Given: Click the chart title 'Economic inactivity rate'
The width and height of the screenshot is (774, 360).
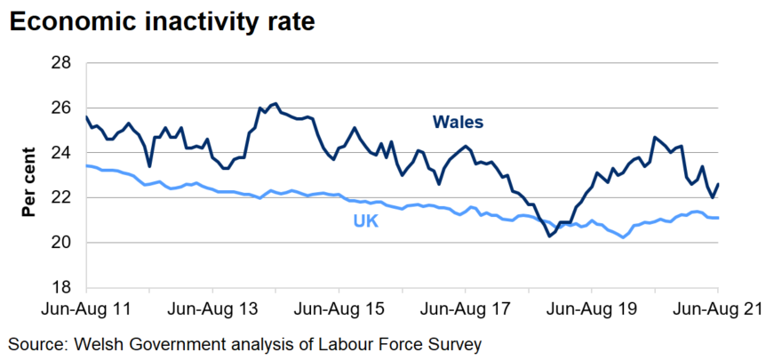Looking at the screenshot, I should pos(162,22).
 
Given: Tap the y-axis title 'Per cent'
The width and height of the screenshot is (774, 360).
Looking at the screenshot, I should pos(28,181).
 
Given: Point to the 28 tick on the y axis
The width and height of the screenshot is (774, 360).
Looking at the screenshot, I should pos(60,63).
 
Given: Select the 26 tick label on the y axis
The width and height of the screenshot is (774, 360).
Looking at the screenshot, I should pos(60,108).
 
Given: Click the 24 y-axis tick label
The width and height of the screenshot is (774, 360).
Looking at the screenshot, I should pos(60,153).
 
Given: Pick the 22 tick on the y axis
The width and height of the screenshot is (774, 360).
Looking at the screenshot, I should pos(60,197).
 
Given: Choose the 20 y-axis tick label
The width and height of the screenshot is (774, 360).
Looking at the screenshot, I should pos(60,243).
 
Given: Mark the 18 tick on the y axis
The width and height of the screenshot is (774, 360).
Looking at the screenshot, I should pos(60,287).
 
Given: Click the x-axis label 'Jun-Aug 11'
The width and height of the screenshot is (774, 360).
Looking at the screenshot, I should pos(86,310).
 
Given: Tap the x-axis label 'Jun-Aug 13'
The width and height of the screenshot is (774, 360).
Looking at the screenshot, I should pos(213,310).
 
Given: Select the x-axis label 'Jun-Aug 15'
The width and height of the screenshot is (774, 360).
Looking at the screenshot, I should pos(339,310).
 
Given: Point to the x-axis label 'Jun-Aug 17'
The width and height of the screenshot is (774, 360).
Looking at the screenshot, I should pos(466,310).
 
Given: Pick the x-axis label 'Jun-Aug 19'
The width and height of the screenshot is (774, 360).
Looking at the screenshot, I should pos(592,310).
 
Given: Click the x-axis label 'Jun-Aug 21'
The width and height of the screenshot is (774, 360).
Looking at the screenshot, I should pos(717,310).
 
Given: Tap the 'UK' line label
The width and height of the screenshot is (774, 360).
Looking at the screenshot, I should pos(366,220).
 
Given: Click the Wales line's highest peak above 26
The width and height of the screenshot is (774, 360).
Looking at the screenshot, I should pos(275,104).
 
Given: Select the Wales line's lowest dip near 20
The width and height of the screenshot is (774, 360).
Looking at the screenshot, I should pos(550,236).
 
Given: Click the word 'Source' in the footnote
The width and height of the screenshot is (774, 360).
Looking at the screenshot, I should pos(35,343).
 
